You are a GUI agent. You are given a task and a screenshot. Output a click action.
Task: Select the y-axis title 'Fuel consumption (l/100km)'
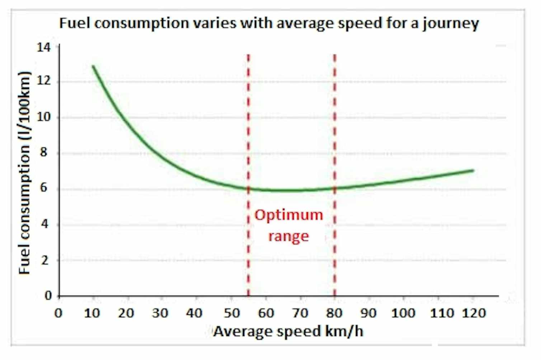(x=24, y=173)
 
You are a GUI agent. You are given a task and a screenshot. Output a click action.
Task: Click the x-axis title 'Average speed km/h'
(x=288, y=331)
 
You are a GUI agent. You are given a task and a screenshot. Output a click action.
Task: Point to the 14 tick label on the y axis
(x=44, y=47)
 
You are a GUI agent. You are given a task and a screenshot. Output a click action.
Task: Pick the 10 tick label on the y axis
(x=44, y=117)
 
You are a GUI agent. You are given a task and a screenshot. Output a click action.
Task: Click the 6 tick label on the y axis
(x=44, y=188)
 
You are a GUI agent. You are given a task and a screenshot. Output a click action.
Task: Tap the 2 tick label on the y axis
(x=44, y=260)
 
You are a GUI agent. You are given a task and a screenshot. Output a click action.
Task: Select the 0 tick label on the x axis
(x=58, y=313)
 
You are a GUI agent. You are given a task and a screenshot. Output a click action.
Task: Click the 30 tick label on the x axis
(x=160, y=313)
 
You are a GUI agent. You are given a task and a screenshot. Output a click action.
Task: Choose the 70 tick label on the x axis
(x=300, y=313)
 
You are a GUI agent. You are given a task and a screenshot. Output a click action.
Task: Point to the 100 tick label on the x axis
(x=403, y=313)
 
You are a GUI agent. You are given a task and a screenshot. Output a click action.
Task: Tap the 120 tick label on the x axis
(x=474, y=313)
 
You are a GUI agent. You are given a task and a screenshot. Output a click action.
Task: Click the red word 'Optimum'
(x=289, y=215)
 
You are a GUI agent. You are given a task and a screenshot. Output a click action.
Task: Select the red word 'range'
(x=288, y=236)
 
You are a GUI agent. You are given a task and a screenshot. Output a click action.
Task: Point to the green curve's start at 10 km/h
(x=93, y=66)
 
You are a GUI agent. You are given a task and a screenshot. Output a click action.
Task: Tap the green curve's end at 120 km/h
(x=473, y=171)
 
